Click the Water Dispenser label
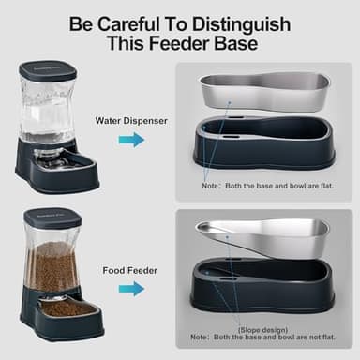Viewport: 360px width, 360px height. click(132, 121)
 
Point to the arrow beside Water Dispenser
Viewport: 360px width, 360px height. click(132, 140)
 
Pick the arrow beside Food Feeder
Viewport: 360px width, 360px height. click(132, 288)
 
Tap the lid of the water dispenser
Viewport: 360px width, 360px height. click(48, 70)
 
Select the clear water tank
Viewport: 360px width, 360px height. click(49, 108)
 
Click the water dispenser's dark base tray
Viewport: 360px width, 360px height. click(56, 172)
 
